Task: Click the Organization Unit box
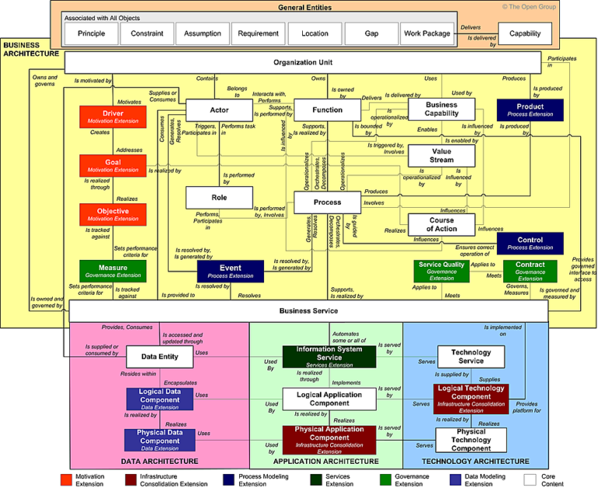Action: pyautogui.click(x=302, y=62)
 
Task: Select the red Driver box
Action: pyautogui.click(x=113, y=117)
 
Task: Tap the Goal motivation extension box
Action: pyautogui.click(x=113, y=166)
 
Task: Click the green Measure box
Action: pyautogui.click(x=113, y=271)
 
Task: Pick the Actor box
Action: pyautogui.click(x=219, y=111)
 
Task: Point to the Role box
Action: pyautogui.click(x=219, y=198)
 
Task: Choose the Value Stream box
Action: pyautogui.click(x=441, y=156)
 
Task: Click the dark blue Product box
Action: pyautogui.click(x=529, y=111)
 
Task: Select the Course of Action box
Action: pyautogui.click(x=441, y=224)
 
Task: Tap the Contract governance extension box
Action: pyautogui.click(x=529, y=270)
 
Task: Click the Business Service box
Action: pyautogui.click(x=308, y=311)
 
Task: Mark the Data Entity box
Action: pyautogui.click(x=159, y=357)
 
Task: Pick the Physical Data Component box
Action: pyautogui.click(x=159, y=440)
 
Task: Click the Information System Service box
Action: pyautogui.click(x=329, y=356)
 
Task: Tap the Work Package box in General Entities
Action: pyautogui.click(x=427, y=34)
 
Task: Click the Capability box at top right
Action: pyautogui.click(x=525, y=34)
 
